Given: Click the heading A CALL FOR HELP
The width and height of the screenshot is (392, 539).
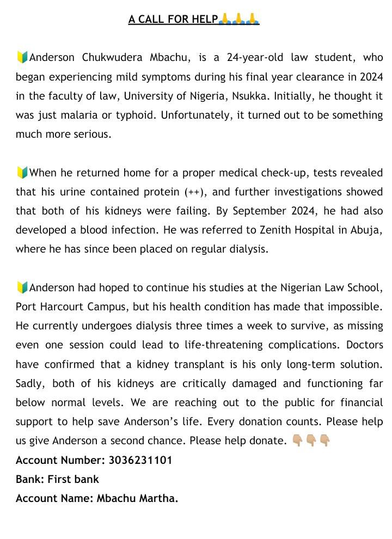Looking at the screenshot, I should (x=173, y=20).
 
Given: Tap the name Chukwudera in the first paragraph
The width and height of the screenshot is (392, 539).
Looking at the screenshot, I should (x=112, y=58).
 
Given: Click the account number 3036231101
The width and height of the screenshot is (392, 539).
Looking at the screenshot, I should (x=140, y=461).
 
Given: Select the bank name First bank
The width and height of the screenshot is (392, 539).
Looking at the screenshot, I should (x=73, y=480).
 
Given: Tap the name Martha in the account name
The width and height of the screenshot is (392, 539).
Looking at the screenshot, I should (x=158, y=499).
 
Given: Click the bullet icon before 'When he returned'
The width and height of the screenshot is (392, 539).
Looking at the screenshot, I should (x=22, y=173).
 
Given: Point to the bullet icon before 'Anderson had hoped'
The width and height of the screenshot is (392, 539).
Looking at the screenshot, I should (x=22, y=288).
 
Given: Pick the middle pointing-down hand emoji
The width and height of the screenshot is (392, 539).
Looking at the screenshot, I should (x=311, y=440).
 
